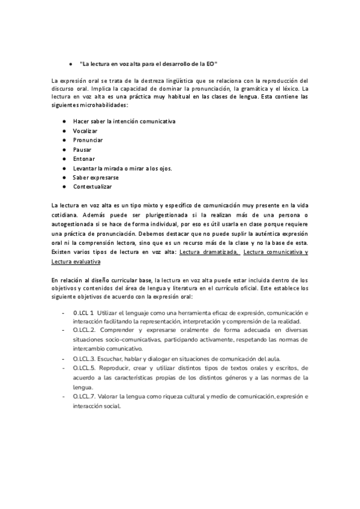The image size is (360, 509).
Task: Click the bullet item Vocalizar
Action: [x=85, y=130]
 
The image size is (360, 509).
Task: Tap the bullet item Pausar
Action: [x=82, y=149]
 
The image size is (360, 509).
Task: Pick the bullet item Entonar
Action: [x=84, y=158]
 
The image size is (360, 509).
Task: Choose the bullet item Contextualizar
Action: [x=92, y=187]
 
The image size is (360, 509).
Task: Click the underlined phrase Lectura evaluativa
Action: [x=76, y=262]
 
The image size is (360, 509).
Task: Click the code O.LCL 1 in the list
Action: [x=83, y=313]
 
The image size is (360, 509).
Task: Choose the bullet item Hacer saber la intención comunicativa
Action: [x=124, y=121]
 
